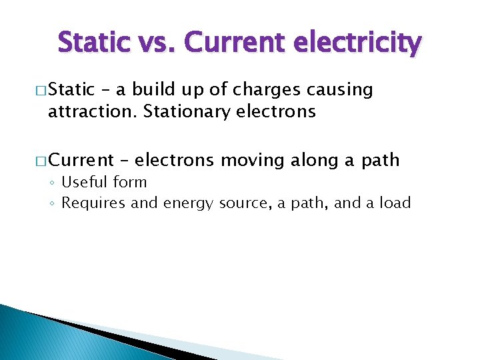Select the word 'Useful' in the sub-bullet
point(85,183)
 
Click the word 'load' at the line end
point(395,203)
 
